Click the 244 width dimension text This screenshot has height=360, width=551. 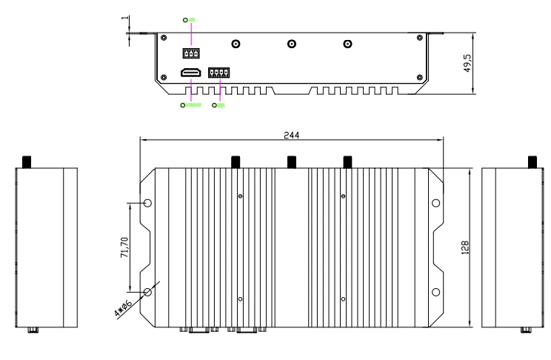pyautogui.click(x=291, y=135)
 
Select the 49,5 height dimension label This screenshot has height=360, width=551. pyautogui.click(x=478, y=63)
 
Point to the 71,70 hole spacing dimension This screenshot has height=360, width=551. pyautogui.click(x=124, y=247)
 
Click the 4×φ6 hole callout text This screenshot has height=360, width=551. pyautogui.click(x=123, y=308)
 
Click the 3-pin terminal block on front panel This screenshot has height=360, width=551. pyautogui.click(x=192, y=53)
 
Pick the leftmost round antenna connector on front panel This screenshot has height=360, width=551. pyautogui.click(x=236, y=44)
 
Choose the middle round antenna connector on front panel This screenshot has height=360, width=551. pyautogui.click(x=291, y=44)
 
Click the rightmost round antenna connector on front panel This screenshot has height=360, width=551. pyautogui.click(x=347, y=44)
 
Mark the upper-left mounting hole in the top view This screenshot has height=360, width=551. pyautogui.click(x=147, y=203)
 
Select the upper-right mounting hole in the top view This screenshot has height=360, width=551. pyautogui.click(x=435, y=203)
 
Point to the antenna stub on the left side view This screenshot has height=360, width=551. pyautogui.click(x=27, y=161)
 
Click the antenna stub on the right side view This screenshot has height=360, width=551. pyautogui.click(x=530, y=161)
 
